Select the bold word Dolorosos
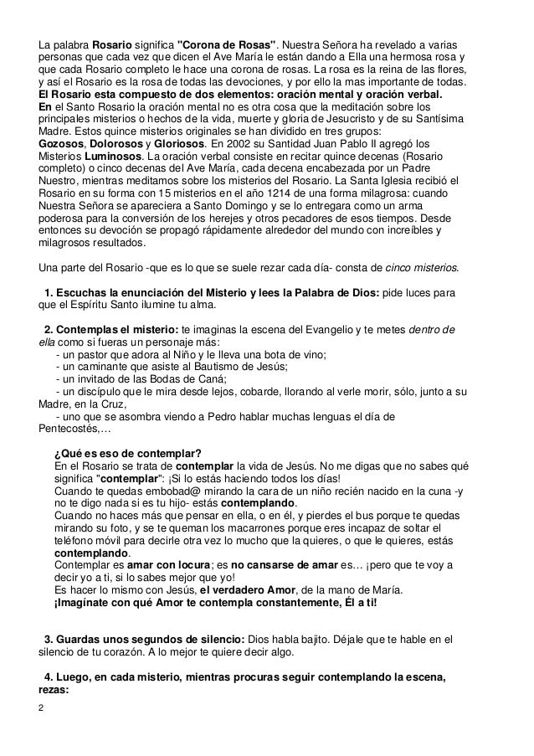(x=117, y=144)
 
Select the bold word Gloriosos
(x=176, y=144)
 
